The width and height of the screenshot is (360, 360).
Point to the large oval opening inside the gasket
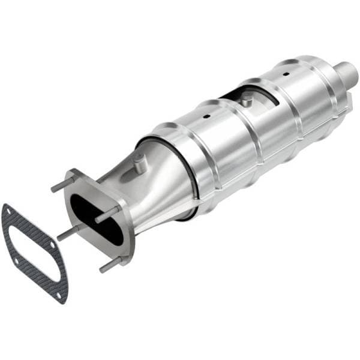(36, 252)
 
